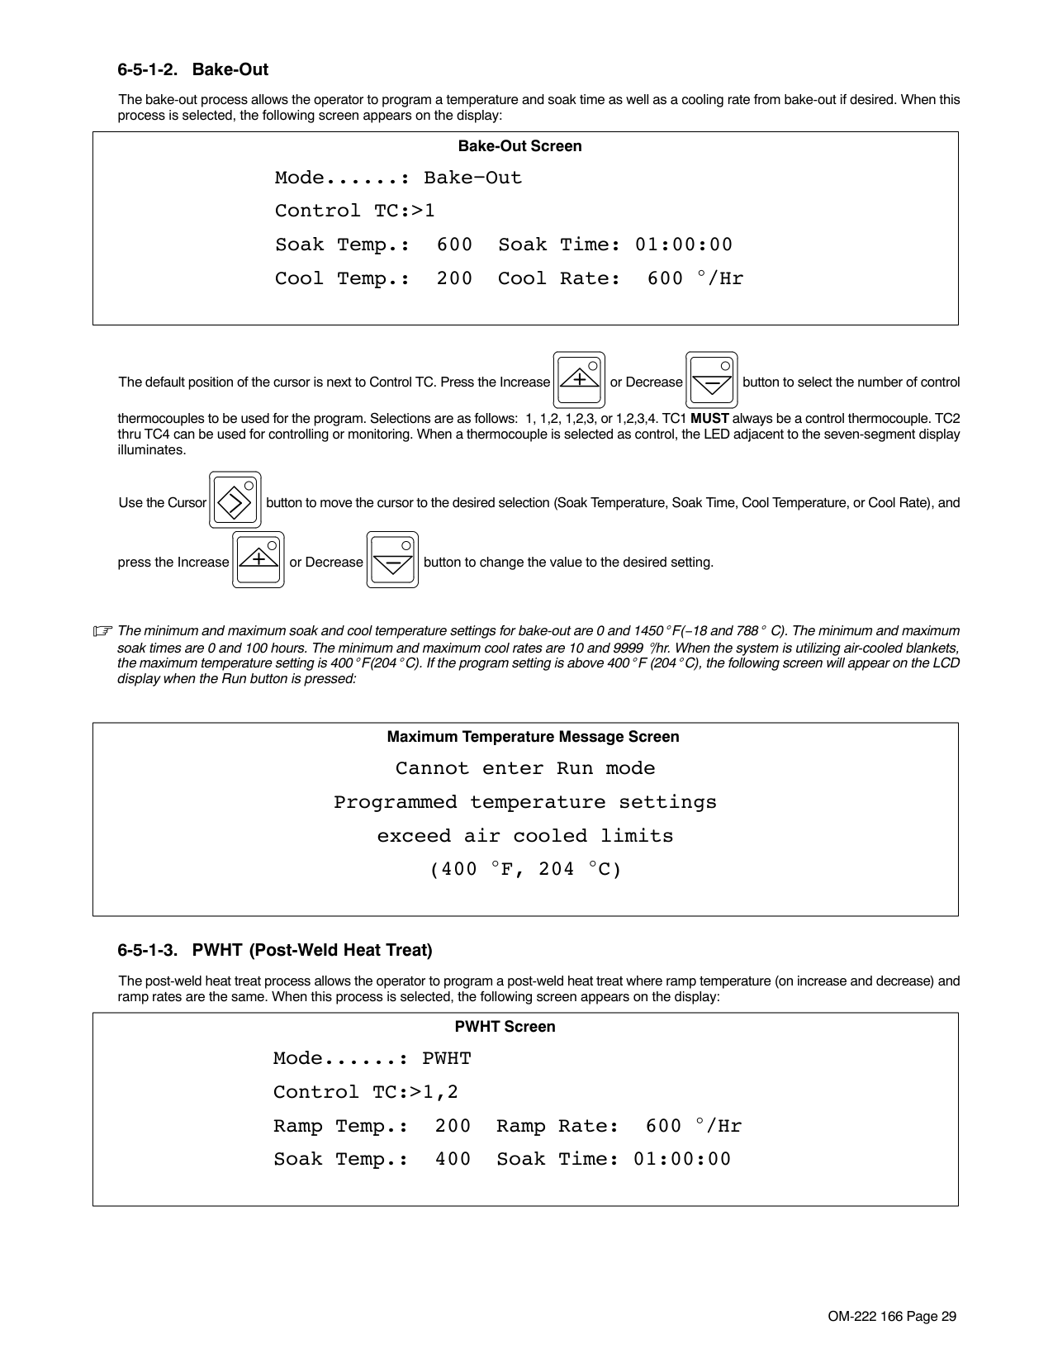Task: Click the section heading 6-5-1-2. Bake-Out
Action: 192,69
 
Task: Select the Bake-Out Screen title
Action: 519,146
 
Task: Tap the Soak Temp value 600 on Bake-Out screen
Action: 454,245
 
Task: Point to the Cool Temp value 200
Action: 454,278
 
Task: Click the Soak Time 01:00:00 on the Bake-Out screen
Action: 683,245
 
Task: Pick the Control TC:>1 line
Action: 354,211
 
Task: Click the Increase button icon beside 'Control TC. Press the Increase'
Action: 579,380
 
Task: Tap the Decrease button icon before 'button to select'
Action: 711,380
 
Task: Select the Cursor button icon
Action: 235,500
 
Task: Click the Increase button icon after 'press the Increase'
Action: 259,560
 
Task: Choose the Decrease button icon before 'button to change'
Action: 392,560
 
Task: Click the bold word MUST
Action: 709,418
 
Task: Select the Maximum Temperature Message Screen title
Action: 533,737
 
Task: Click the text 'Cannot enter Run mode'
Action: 525,768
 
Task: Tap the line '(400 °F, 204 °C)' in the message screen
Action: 525,869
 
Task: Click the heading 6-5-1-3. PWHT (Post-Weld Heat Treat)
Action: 275,950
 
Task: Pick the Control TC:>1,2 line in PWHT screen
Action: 365,1092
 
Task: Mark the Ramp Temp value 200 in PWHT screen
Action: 453,1126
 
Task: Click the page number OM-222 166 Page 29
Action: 892,1317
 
